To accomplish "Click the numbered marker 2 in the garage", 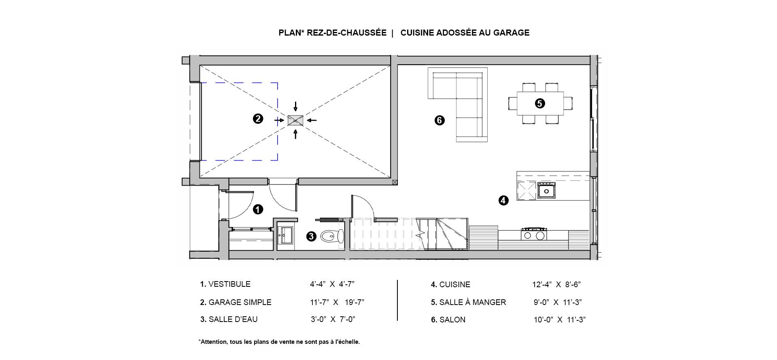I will pyautogui.click(x=258, y=119).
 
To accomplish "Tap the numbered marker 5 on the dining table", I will pyautogui.click(x=540, y=104).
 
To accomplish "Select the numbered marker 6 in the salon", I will pyautogui.click(x=439, y=120).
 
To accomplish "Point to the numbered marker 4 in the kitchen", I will pyautogui.click(x=503, y=200).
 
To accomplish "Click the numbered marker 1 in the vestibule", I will pyautogui.click(x=258, y=210).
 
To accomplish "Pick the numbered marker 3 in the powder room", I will pyautogui.click(x=311, y=236).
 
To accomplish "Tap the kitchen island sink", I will pyautogui.click(x=546, y=191).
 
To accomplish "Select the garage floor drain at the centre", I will pyautogui.click(x=295, y=120).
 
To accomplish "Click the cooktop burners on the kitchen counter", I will pyautogui.click(x=534, y=234).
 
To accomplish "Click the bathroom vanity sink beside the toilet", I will pyautogui.click(x=286, y=235).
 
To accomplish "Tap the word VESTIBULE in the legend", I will pyautogui.click(x=229, y=284).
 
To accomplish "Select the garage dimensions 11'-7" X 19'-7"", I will pyautogui.click(x=337, y=302).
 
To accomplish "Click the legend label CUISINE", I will pyautogui.click(x=454, y=285).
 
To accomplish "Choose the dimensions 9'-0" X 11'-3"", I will pyautogui.click(x=558, y=302).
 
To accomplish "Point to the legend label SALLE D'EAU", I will pyautogui.click(x=233, y=320).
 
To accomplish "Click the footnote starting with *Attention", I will pyautogui.click(x=279, y=342).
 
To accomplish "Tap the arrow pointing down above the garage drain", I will pyautogui.click(x=295, y=106).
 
